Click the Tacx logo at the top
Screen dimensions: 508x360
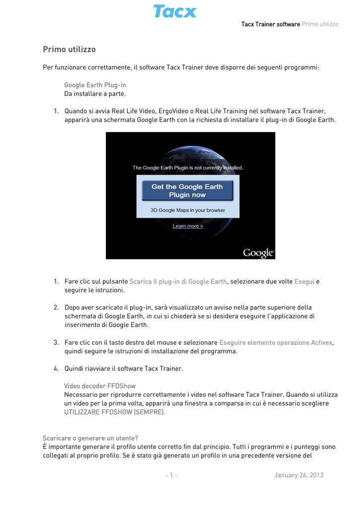click(x=175, y=11)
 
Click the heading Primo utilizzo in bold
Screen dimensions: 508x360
click(x=69, y=50)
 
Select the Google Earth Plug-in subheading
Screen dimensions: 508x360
click(x=95, y=85)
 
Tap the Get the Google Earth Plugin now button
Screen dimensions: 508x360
click(x=187, y=190)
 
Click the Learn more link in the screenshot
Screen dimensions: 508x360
click(x=188, y=226)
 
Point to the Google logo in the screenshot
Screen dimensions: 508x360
click(x=258, y=253)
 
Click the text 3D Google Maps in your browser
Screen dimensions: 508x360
click(x=188, y=210)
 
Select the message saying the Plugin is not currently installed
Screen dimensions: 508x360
click(x=188, y=168)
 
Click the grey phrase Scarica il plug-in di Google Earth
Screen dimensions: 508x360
click(x=178, y=281)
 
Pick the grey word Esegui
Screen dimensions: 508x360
click(x=304, y=281)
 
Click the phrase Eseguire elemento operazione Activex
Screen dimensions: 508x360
click(x=276, y=342)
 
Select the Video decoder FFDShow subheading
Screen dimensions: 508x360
click(x=100, y=385)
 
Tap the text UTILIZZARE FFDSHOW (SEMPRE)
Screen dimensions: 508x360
click(x=114, y=412)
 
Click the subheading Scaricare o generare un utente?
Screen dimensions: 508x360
click(x=90, y=438)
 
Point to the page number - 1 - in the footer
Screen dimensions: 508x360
click(x=171, y=475)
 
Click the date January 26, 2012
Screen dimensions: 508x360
click(x=298, y=475)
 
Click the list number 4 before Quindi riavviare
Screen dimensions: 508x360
click(x=56, y=369)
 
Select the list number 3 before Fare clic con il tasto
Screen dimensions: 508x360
click(x=56, y=342)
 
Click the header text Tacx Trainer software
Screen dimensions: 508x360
click(x=270, y=24)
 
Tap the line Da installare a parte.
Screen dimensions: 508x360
click(x=95, y=93)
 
